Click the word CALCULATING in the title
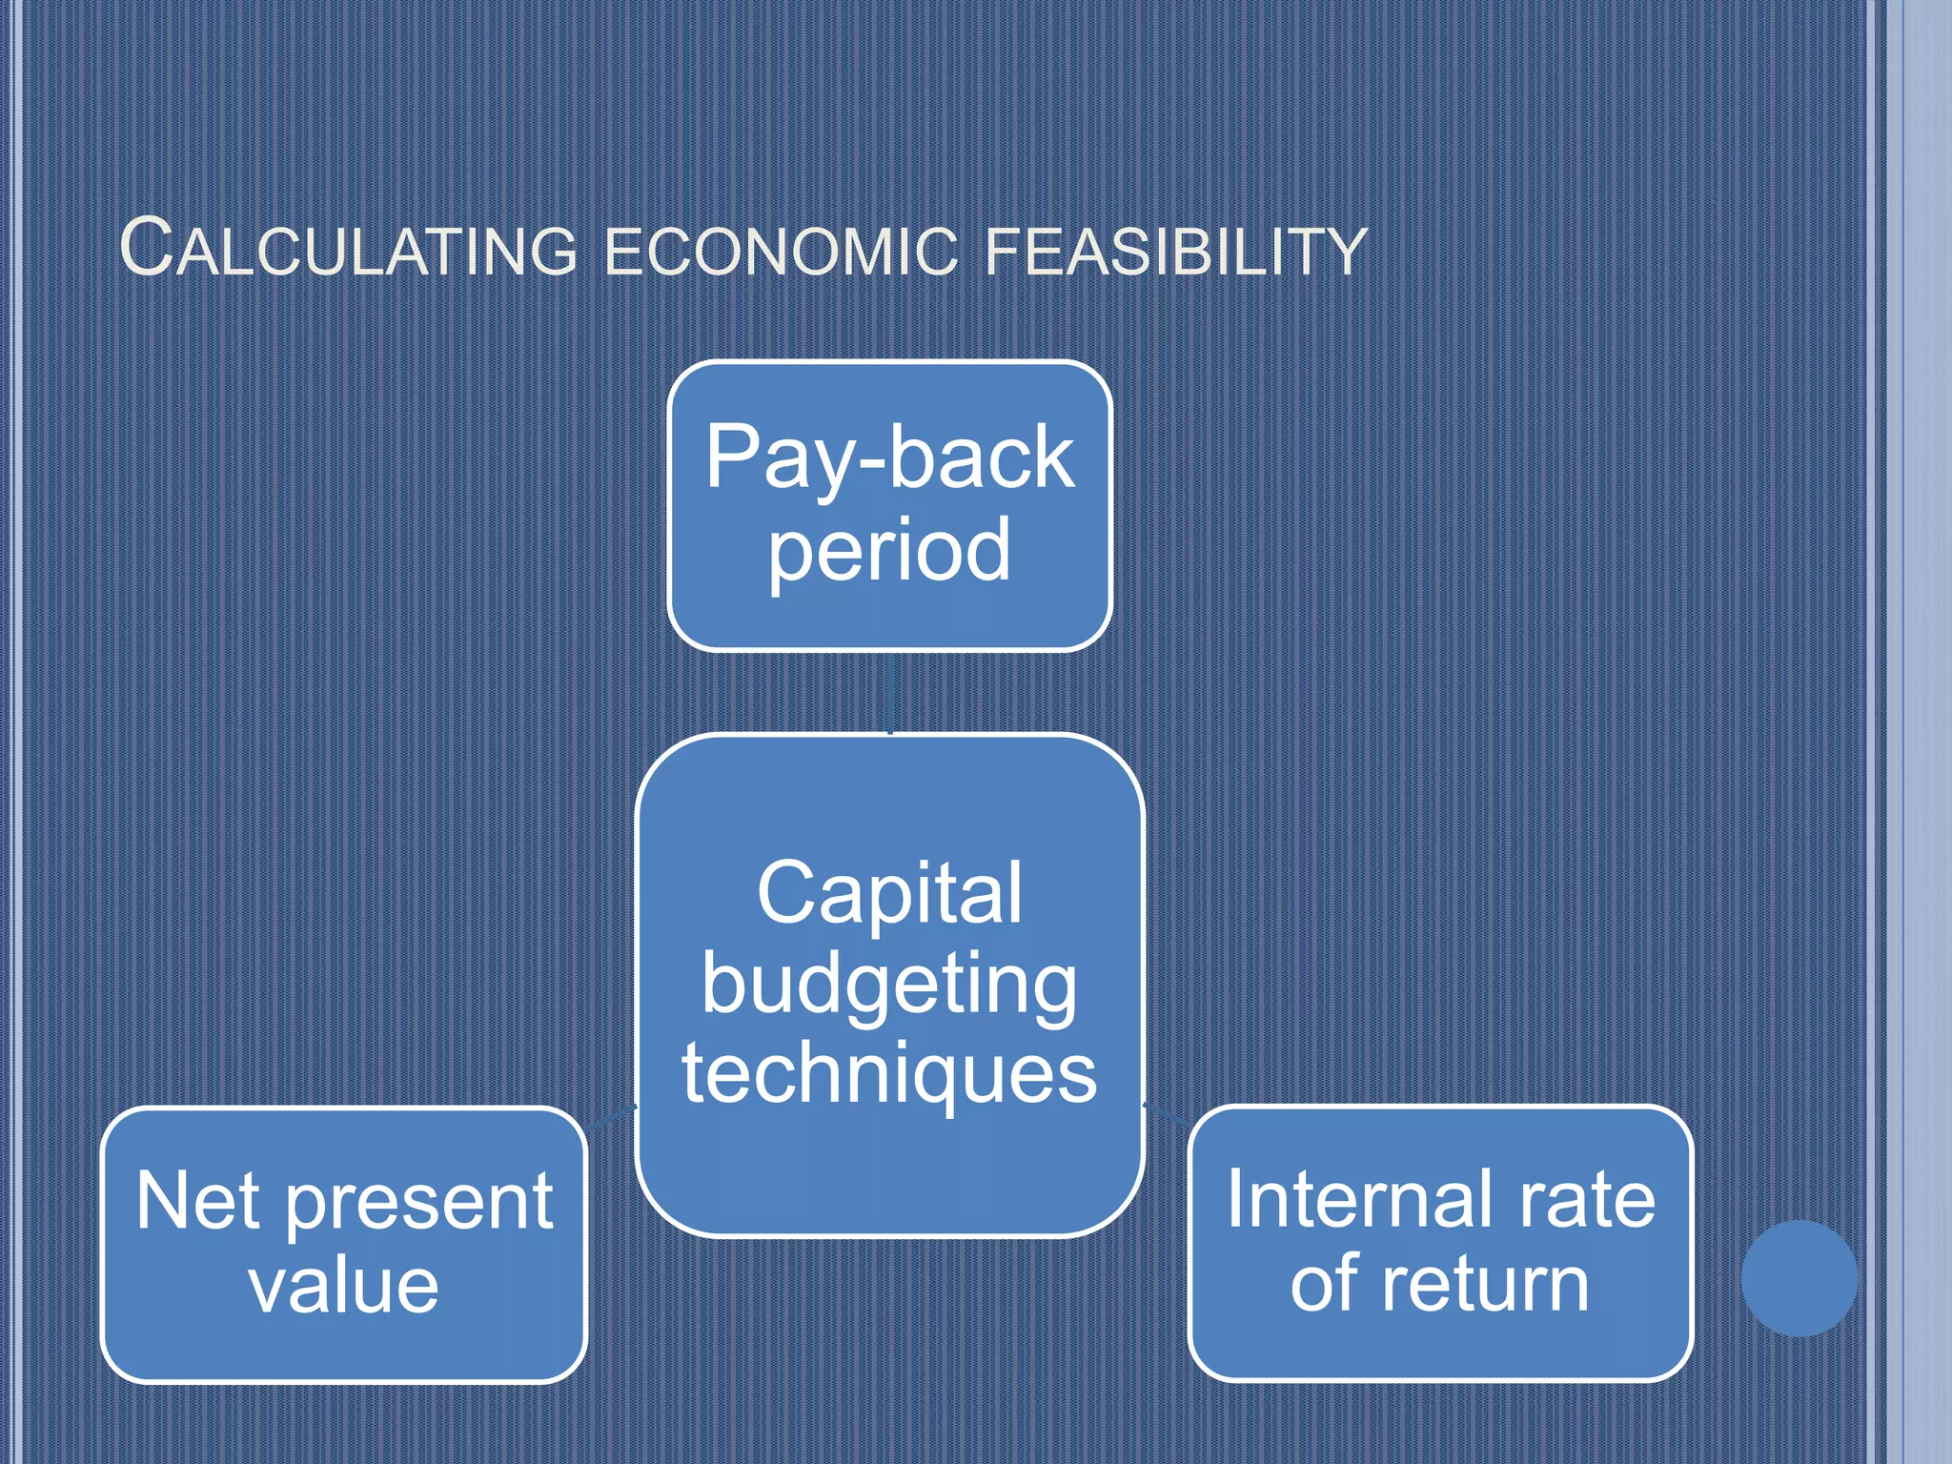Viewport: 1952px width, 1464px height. [x=349, y=250]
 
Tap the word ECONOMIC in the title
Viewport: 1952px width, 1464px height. [x=781, y=252]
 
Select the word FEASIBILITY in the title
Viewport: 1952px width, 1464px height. [x=1175, y=252]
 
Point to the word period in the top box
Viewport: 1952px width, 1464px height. [x=889, y=551]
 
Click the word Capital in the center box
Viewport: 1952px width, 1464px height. [x=889, y=893]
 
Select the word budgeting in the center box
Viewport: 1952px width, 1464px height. [x=889, y=986]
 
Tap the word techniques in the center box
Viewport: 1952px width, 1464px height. [x=889, y=1073]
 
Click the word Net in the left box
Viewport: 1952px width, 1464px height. [x=197, y=1201]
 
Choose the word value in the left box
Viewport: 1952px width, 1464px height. [x=344, y=1287]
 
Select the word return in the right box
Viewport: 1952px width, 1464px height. [x=1486, y=1285]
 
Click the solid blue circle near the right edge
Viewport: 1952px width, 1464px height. [x=1799, y=1278]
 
